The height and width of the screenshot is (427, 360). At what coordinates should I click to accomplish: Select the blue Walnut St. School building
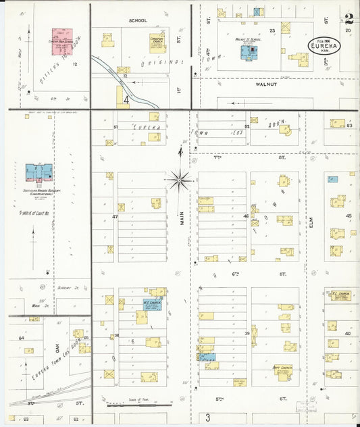click(x=251, y=50)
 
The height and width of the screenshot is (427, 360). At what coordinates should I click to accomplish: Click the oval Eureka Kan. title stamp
click(x=324, y=45)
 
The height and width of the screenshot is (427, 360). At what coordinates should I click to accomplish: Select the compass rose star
click(x=180, y=179)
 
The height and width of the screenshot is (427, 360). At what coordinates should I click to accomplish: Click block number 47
click(x=115, y=216)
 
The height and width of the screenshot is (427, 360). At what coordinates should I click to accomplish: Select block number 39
click(x=247, y=334)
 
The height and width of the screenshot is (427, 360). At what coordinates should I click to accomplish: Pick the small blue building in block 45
click(x=332, y=179)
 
